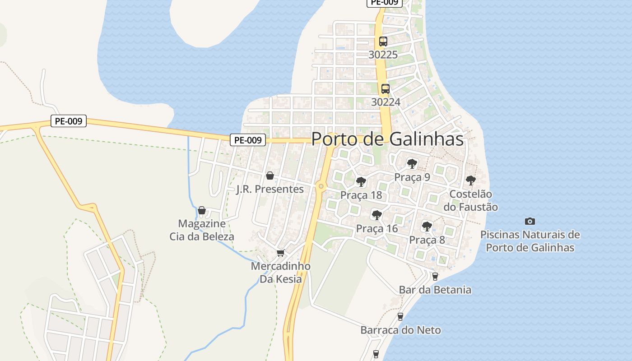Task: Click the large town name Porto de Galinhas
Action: (x=387, y=139)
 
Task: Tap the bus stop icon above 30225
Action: (x=383, y=42)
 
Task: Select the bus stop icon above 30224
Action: (x=385, y=89)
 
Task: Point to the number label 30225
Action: (x=383, y=55)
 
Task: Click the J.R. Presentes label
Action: (x=270, y=189)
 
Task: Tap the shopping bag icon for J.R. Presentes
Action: (x=270, y=176)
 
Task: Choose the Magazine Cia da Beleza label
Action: (x=202, y=230)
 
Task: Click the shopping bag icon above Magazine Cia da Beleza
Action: (x=202, y=210)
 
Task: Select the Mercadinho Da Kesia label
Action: (x=280, y=273)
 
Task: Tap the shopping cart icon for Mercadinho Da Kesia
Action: (x=280, y=253)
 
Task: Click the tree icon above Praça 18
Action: (x=361, y=182)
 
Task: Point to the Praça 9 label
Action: (x=412, y=177)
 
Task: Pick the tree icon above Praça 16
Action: (x=376, y=215)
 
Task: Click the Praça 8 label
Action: (x=427, y=240)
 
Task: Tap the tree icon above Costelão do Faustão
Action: (x=470, y=180)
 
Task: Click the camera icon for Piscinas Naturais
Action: (x=530, y=221)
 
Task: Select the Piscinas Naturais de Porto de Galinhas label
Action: (x=530, y=241)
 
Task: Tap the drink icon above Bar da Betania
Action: (x=435, y=276)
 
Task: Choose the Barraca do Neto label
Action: (x=400, y=330)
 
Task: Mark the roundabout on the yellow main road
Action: (x=321, y=185)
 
